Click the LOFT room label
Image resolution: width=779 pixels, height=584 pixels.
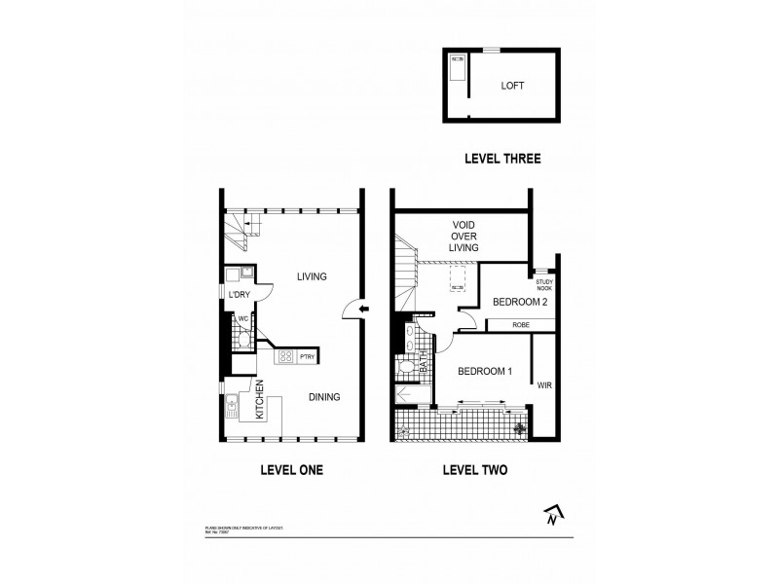[x=512, y=86]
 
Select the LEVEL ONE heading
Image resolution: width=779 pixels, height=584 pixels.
[x=291, y=470]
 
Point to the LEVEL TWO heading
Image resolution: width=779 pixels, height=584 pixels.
[x=474, y=470]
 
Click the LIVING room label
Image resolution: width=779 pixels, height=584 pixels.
[x=311, y=276]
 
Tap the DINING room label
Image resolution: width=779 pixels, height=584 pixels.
[x=324, y=396]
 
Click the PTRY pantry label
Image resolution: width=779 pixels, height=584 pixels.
[x=306, y=357]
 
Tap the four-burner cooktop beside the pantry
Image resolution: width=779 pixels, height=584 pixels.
[x=286, y=357]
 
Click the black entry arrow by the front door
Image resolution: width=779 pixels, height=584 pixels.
[x=363, y=310]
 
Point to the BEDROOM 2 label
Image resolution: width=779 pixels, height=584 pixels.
[x=520, y=303]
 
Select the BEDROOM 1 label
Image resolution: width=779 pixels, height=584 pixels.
[x=484, y=371]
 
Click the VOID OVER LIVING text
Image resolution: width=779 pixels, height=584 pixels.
[x=464, y=237]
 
